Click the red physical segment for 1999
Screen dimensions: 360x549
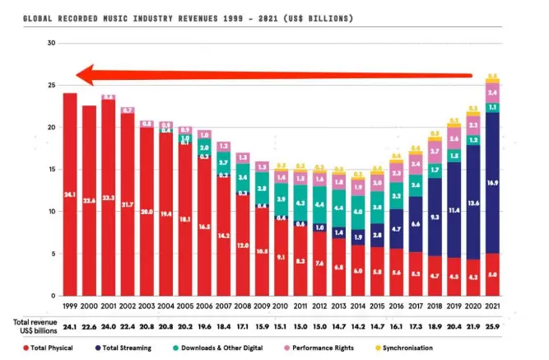tap(70, 194)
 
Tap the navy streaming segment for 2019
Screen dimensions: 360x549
tap(453, 210)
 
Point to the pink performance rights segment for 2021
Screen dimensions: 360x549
tap(492, 92)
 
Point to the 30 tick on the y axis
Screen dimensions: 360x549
tap(51, 43)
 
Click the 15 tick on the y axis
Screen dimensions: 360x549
tap(51, 169)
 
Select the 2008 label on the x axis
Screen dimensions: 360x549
tap(242, 306)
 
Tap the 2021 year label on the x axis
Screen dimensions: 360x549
tap(492, 306)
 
